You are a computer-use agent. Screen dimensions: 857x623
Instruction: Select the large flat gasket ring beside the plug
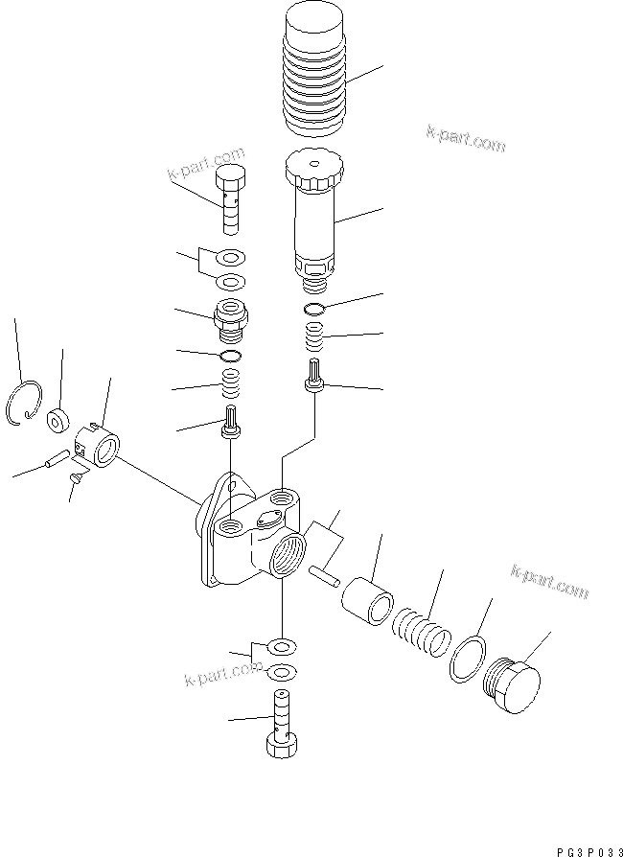(x=467, y=660)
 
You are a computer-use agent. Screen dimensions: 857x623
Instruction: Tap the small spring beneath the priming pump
(x=315, y=336)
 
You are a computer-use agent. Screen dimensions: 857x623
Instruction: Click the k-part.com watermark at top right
(x=464, y=139)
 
